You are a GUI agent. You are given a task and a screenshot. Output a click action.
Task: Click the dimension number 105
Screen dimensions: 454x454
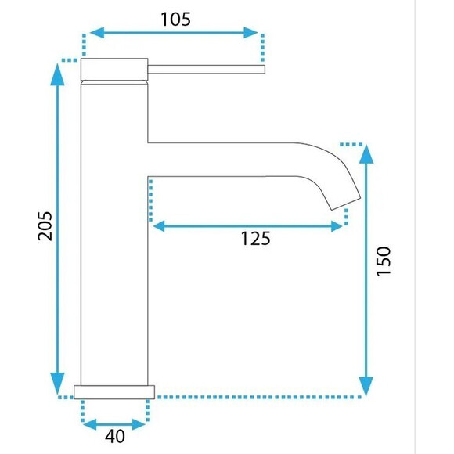point(175,20)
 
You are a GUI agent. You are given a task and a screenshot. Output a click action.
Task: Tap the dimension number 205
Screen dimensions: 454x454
point(45,226)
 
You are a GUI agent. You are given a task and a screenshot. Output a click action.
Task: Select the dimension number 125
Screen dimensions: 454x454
point(256,239)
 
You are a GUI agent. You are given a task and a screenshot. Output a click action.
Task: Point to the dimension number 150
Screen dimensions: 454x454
point(384,261)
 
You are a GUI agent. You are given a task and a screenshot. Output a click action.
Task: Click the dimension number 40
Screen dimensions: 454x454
point(114,436)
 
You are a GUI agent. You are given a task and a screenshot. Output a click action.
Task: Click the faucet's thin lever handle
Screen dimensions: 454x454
point(207,70)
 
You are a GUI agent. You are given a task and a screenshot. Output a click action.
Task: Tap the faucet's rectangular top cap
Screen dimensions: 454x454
point(114,69)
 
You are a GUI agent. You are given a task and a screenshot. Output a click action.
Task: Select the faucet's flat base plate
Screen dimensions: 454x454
point(114,392)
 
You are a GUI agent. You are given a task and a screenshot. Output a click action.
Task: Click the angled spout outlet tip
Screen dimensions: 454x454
point(346,204)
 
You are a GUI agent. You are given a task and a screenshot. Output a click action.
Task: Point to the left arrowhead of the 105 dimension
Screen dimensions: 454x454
point(97,33)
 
